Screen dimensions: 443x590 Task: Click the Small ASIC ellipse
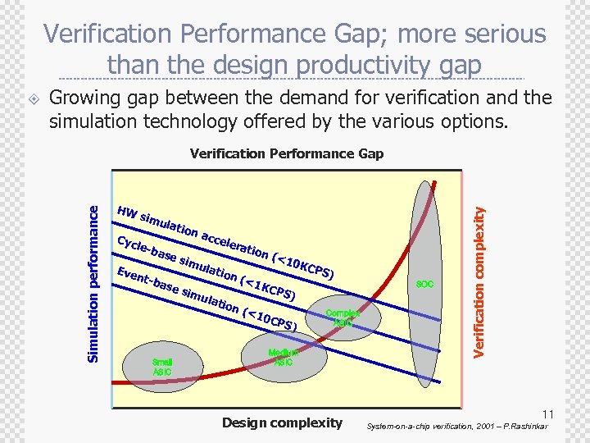click(163, 365)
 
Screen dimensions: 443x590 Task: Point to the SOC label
click(424, 284)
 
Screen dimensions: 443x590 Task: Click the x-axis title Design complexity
click(282, 422)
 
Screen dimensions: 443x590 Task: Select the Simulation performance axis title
click(95, 274)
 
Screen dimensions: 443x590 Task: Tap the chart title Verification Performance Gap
click(286, 153)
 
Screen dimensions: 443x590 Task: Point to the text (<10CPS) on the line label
click(270, 319)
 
